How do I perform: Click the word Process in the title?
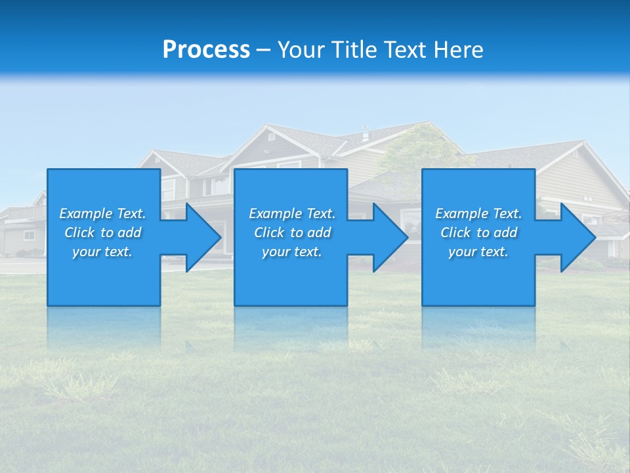[206, 50]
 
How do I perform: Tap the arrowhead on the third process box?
[577, 237]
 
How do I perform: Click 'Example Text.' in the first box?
[102, 214]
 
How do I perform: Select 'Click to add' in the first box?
[102, 233]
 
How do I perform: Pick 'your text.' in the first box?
[102, 252]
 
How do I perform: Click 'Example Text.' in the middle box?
[292, 214]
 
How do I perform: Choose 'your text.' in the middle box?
[292, 252]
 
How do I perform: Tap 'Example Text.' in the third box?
[478, 214]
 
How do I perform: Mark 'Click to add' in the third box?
[478, 233]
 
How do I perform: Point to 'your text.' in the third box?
[478, 252]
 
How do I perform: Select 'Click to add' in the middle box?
[292, 233]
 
